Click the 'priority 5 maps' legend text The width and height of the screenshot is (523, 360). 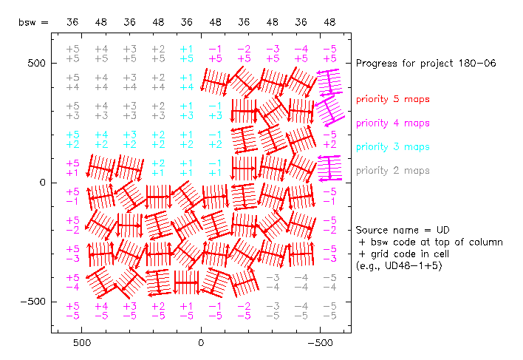(x=392, y=99)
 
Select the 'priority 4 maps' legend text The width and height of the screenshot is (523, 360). (x=392, y=123)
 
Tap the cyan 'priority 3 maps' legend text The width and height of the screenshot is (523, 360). (x=392, y=147)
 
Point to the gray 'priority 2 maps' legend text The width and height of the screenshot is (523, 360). (x=392, y=171)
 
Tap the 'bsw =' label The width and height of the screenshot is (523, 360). (x=33, y=23)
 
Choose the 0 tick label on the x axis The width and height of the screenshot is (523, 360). (x=201, y=343)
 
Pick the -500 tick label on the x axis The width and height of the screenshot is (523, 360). (x=320, y=343)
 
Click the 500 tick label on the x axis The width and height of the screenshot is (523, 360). (x=82, y=343)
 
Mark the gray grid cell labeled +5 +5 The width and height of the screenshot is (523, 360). (x=72, y=53)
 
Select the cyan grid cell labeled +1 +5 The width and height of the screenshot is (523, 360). (x=187, y=53)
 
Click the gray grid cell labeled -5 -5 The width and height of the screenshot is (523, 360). (x=329, y=310)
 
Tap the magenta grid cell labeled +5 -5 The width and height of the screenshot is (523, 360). (x=72, y=310)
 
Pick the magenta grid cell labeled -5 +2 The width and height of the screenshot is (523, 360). (x=329, y=139)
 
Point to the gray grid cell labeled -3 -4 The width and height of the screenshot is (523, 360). (x=273, y=282)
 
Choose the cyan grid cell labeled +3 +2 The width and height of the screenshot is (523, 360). (x=129, y=139)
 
